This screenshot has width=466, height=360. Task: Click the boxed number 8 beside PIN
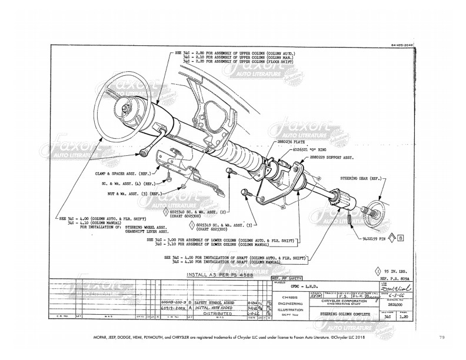pos(400,239)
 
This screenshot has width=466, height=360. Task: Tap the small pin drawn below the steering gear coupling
pos(349,219)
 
